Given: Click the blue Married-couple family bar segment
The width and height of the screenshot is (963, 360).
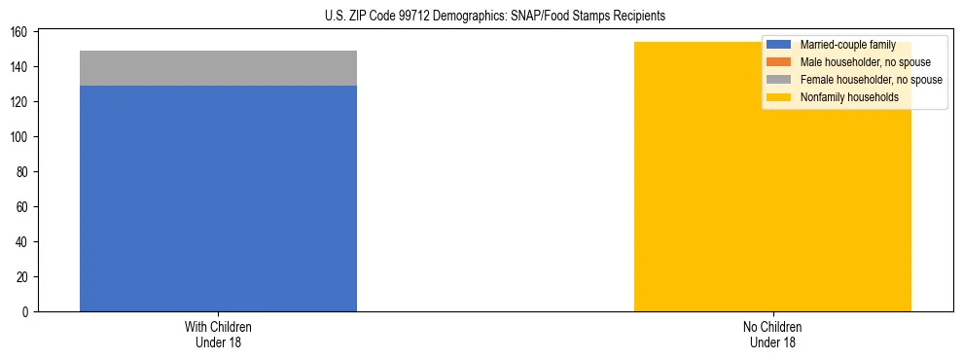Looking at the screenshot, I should click(x=218, y=198).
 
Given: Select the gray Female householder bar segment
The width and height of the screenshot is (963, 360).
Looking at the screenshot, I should click(x=218, y=68).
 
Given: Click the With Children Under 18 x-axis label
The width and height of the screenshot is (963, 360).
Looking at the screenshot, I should click(x=218, y=334).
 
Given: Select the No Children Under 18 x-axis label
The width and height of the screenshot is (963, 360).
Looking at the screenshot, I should click(x=772, y=334).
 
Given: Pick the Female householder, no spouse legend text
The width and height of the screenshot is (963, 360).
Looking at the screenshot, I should click(x=871, y=80).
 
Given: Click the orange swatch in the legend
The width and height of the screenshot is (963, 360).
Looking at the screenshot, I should click(x=779, y=62).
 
